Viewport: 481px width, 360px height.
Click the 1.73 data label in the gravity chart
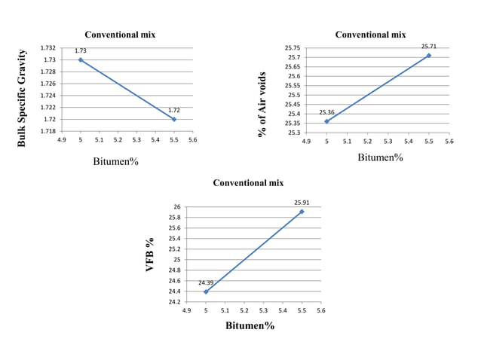[80, 50]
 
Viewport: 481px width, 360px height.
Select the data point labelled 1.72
[174, 119]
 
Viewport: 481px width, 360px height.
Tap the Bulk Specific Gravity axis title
[22, 97]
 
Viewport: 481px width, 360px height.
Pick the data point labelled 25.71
[428, 55]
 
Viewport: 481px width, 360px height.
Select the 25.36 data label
[326, 112]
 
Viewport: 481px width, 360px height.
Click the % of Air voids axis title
[262, 104]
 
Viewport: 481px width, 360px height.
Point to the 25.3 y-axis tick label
[296, 133]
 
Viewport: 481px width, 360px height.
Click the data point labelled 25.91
[302, 212]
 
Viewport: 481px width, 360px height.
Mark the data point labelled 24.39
[206, 291]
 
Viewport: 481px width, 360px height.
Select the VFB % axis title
[150, 255]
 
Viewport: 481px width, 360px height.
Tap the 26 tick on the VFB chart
[177, 206]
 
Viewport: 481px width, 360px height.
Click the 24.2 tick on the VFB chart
[176, 302]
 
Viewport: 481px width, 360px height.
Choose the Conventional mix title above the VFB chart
[248, 183]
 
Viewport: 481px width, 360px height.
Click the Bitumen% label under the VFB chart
[250, 326]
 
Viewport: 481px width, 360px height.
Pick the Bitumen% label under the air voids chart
[380, 157]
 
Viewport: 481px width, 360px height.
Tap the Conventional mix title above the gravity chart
[120, 35]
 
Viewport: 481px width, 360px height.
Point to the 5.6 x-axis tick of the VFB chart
[320, 310]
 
